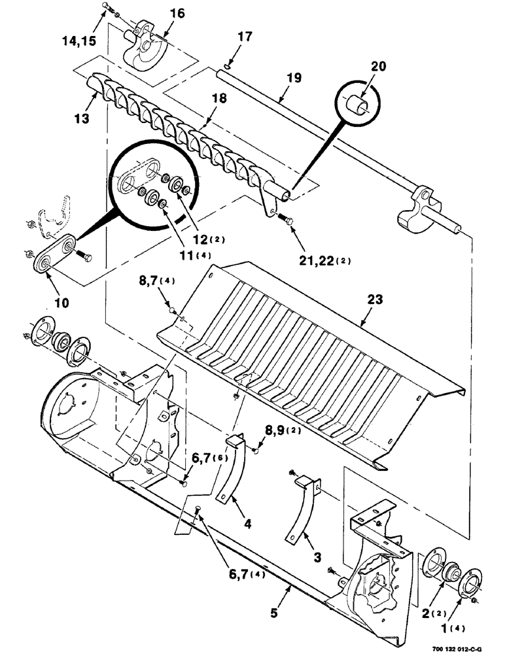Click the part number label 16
[x=159, y=14]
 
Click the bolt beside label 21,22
[x=285, y=220]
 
